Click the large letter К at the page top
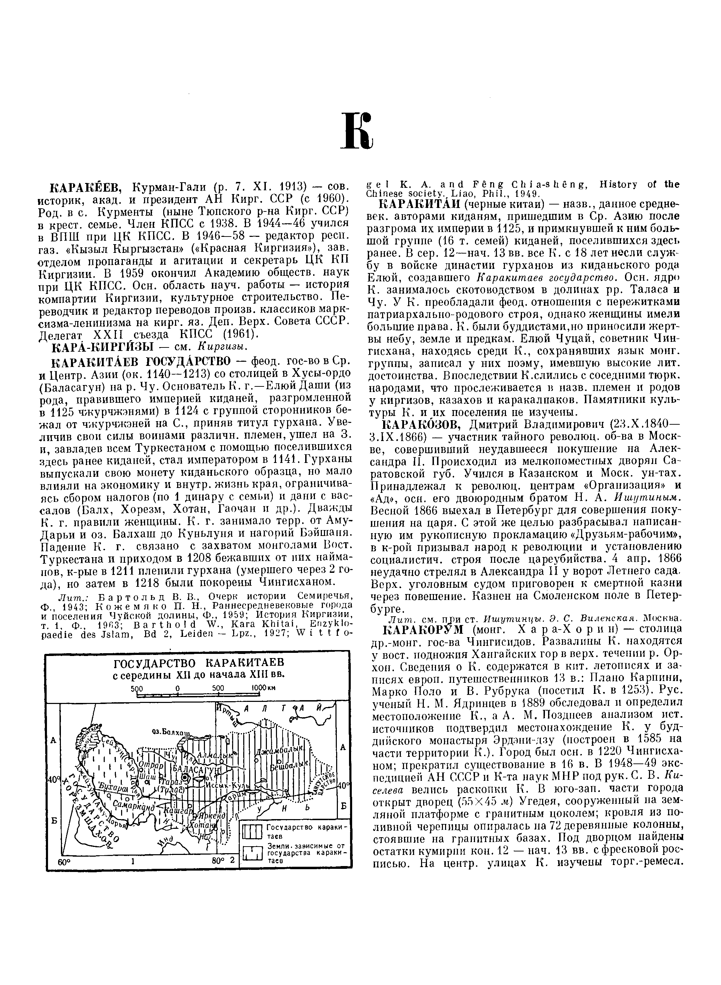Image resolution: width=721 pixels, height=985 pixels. pos(358,130)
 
